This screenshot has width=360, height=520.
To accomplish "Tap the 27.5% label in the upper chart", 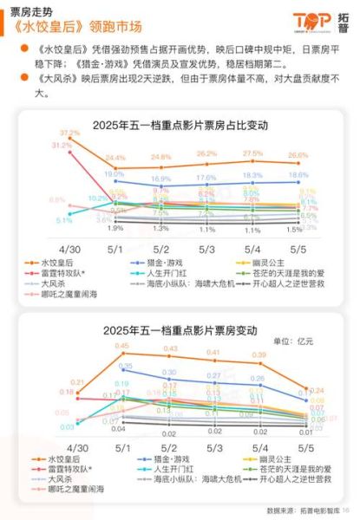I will (x=252, y=153).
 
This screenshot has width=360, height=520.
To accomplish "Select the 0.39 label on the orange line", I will (x=258, y=355).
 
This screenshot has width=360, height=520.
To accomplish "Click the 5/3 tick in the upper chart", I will (x=206, y=248).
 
